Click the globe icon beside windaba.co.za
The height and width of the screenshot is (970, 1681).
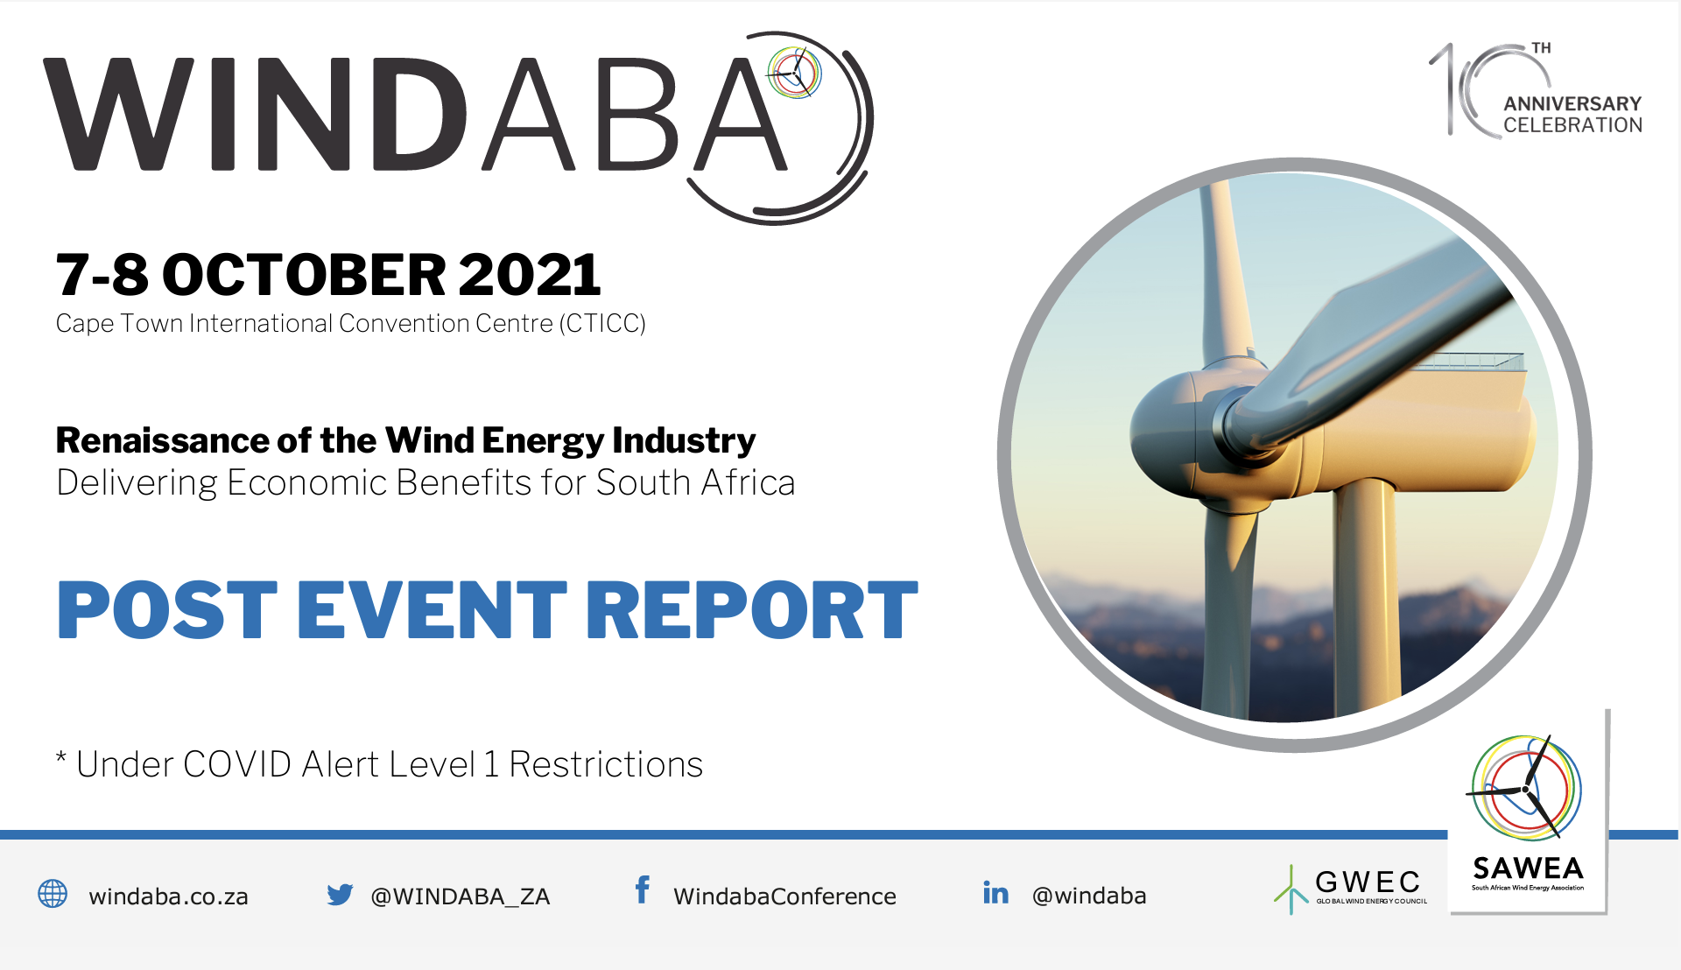coord(53,894)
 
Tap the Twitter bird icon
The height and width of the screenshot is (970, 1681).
coord(340,894)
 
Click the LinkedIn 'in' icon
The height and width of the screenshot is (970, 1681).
coord(995,892)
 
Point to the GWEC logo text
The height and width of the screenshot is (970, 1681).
coord(1368,882)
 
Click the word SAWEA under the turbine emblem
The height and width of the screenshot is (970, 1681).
coord(1528,868)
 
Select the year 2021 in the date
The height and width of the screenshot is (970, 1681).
coord(529,275)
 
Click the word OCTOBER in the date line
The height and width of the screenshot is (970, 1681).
coord(304,275)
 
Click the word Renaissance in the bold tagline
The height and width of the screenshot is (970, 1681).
coord(162,440)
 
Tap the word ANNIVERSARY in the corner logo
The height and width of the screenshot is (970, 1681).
coord(1572,103)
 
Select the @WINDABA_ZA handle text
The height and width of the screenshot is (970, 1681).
coord(461,896)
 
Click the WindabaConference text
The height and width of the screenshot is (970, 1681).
coord(784,896)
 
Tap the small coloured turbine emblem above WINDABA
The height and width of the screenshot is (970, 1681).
coord(794,73)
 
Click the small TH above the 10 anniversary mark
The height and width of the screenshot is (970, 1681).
coord(1541,48)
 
